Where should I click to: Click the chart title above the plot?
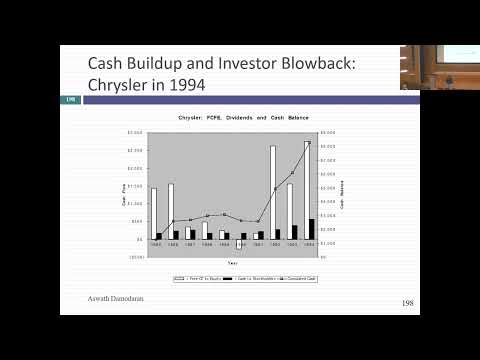[231, 118]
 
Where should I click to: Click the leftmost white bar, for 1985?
[153, 213]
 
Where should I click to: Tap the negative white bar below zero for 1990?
[238, 244]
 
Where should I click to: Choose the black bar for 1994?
[312, 229]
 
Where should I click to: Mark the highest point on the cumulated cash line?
[309, 143]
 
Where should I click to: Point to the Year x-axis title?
[232, 262]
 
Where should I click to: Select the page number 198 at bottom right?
[407, 302]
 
